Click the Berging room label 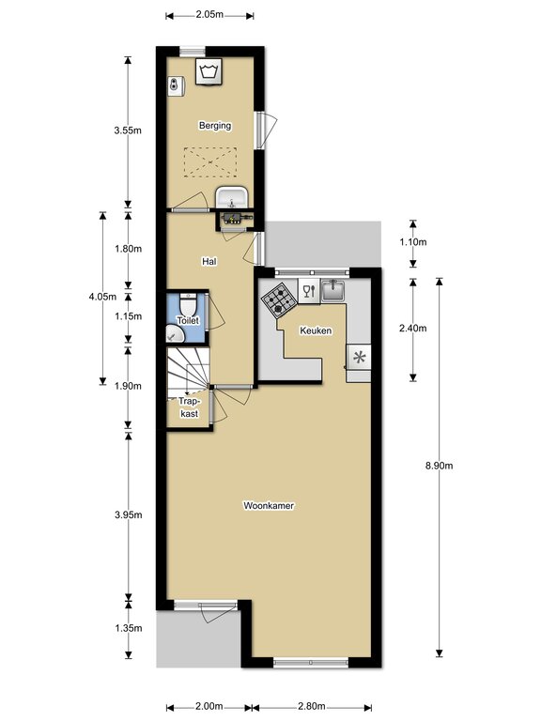point(215,126)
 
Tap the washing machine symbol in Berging point(209,71)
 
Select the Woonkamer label point(269,505)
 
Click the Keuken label point(316,330)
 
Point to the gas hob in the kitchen point(279,299)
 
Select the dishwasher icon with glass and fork point(309,291)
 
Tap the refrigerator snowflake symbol point(359,357)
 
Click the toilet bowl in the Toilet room point(188,303)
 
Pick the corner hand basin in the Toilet point(174,335)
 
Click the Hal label point(209,261)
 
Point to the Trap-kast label point(189,407)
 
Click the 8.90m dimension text point(440,466)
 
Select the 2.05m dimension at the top point(209,14)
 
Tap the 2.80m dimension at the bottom point(312,706)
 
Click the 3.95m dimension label point(129,514)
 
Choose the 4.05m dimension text point(102,297)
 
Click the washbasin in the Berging point(232,198)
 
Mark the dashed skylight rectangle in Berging point(210,161)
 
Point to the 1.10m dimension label point(412,241)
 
